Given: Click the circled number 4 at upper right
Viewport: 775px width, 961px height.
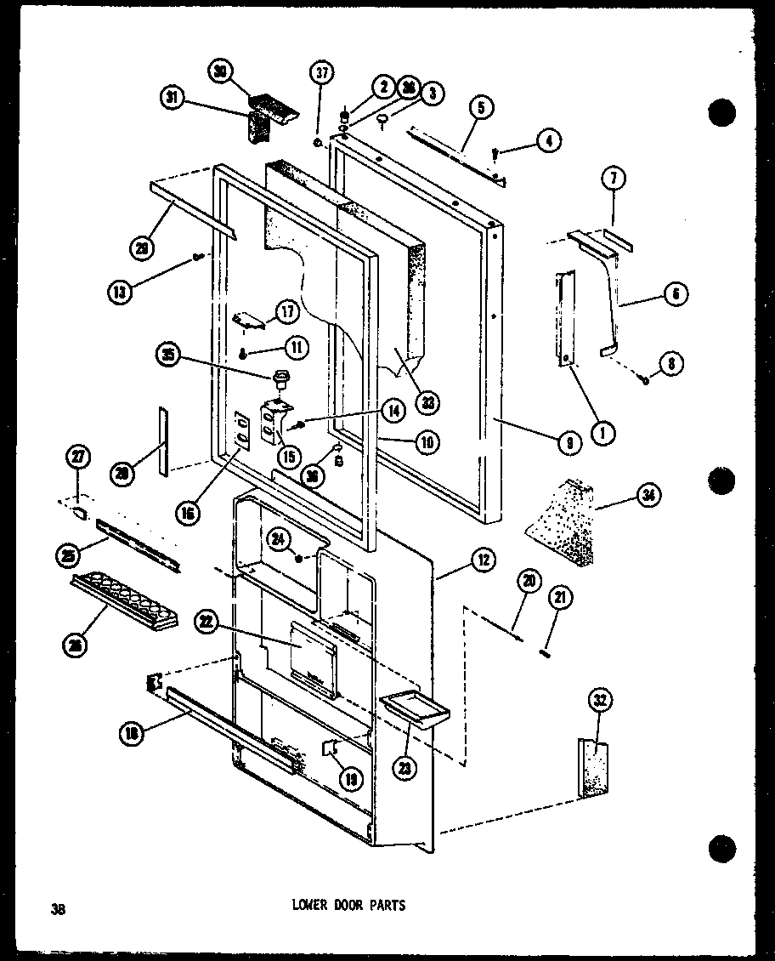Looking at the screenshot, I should point(550,140).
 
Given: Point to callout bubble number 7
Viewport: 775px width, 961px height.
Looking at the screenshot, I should point(613,179).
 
